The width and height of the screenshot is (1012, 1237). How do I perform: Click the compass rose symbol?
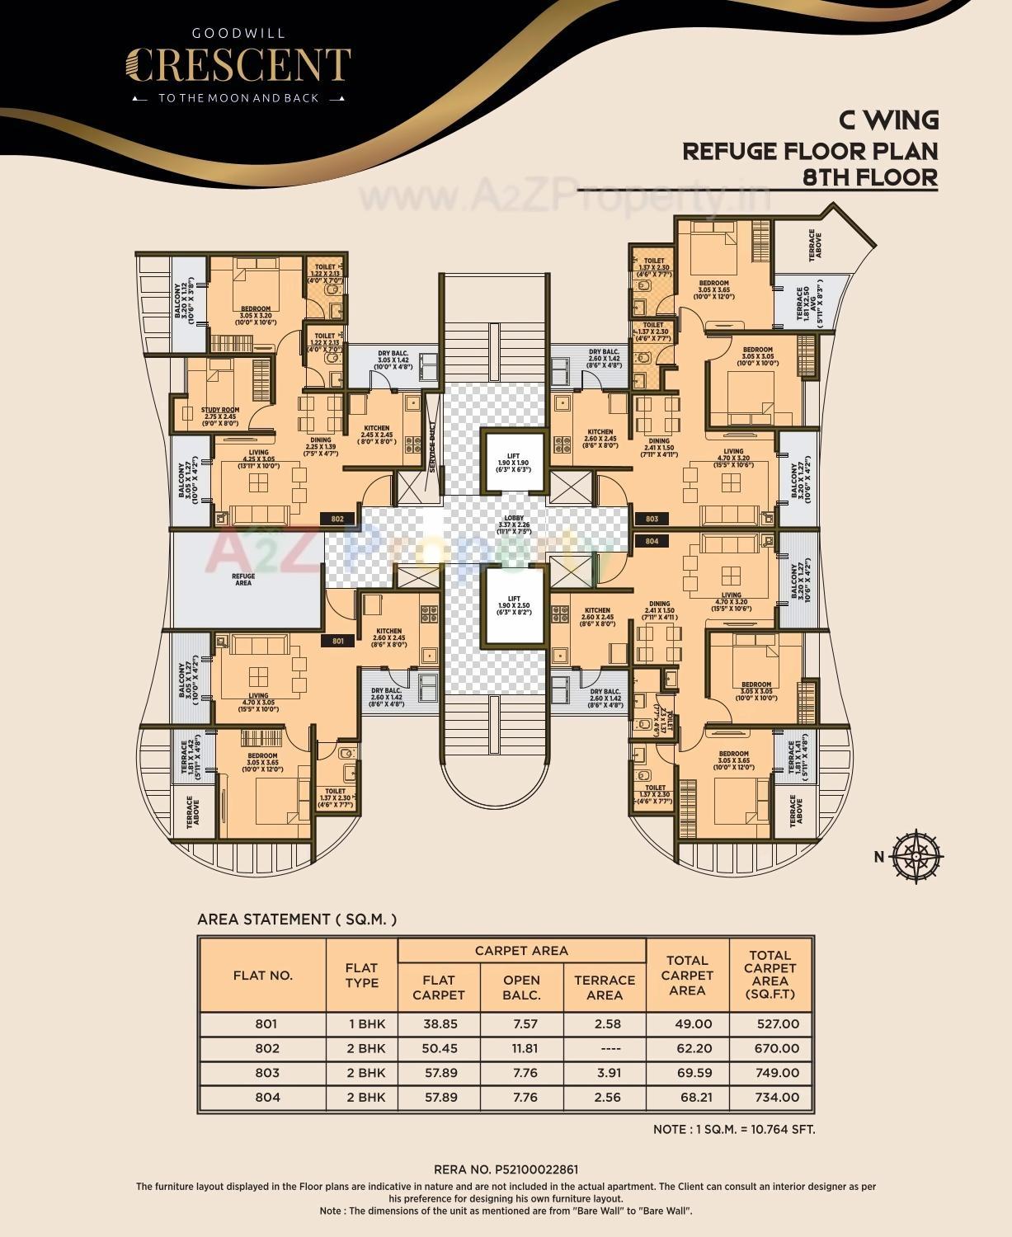pyautogui.click(x=916, y=857)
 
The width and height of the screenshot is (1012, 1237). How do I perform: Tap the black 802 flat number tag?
pyautogui.click(x=337, y=519)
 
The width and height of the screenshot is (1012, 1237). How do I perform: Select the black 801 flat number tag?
pyautogui.click(x=337, y=641)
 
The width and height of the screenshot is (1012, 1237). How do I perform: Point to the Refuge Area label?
pyautogui.click(x=243, y=580)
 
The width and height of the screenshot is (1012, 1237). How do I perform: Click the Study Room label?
pyautogui.click(x=220, y=413)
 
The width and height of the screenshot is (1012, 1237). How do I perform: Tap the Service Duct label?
pyautogui.click(x=431, y=448)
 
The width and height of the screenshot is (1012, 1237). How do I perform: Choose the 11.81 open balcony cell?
pyautogui.click(x=521, y=1048)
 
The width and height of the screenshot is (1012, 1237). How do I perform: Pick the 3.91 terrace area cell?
pyautogui.click(x=604, y=1073)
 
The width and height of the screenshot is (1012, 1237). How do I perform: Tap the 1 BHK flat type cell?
pyautogui.click(x=361, y=1023)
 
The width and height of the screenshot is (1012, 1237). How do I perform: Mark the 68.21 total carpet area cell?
pyautogui.click(x=687, y=1098)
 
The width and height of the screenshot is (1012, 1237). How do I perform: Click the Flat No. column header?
pyautogui.click(x=263, y=975)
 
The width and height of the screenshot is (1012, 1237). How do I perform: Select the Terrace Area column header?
pyautogui.click(x=604, y=987)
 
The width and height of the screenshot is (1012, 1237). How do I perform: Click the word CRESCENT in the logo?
pyautogui.click(x=238, y=65)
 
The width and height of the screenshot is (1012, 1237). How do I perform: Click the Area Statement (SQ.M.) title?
pyautogui.click(x=297, y=920)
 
